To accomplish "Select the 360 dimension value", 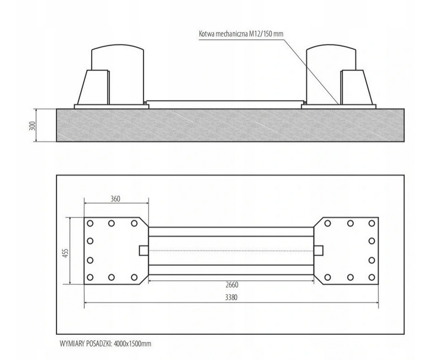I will coord(115,199).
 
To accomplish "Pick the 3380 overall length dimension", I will coord(231,298).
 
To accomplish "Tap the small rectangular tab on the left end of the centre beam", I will coord(144,250).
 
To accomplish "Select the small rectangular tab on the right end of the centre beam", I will coord(318,250).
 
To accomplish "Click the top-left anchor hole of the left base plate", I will coord(90,223).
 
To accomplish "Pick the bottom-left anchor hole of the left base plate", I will coord(90,277).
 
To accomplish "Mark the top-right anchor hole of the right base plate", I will coord(372,223).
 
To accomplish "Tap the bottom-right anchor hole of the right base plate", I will coord(372,277).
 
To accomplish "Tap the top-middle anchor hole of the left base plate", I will coord(111,223).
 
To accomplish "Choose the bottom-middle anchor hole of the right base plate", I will coord(350,277).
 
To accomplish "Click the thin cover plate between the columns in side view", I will coord(225,103).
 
